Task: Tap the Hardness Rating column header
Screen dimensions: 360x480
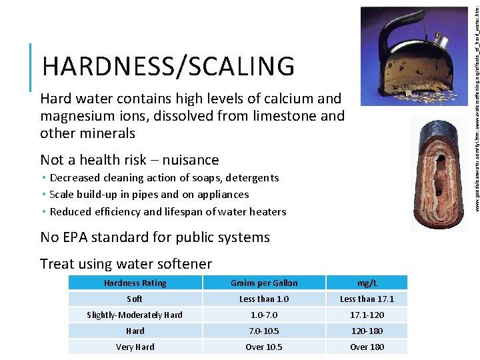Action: [x=135, y=283]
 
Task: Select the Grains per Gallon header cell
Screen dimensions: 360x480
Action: [x=264, y=283]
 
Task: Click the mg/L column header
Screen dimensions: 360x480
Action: [x=367, y=283]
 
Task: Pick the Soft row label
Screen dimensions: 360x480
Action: [x=135, y=299]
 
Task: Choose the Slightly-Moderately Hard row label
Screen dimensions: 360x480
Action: [x=135, y=315]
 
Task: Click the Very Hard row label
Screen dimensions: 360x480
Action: [x=135, y=347]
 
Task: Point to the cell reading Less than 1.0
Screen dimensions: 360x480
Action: [x=264, y=299]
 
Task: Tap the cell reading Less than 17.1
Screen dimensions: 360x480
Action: [x=367, y=299]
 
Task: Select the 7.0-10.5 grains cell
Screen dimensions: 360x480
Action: [x=264, y=331]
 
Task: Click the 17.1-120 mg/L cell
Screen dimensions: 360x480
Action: [x=367, y=315]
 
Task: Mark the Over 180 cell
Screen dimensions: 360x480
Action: [x=367, y=347]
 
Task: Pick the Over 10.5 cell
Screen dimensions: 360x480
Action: [x=264, y=347]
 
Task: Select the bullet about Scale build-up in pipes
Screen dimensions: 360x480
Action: [x=149, y=195]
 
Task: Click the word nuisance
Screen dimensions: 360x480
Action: [x=191, y=160]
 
